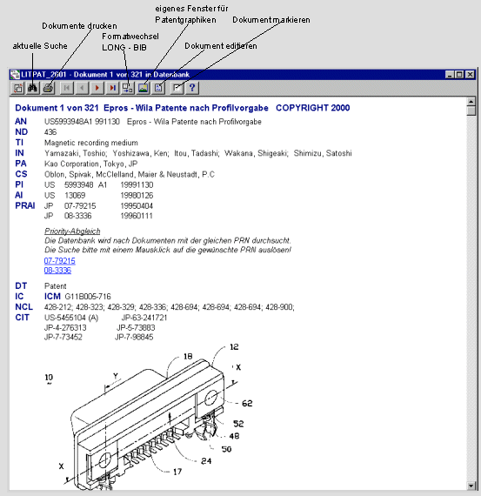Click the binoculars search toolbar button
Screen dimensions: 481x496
pyautogui.click(x=32, y=88)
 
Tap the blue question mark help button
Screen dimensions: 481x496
pyautogui.click(x=192, y=88)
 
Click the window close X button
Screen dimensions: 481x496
pyautogui.click(x=471, y=74)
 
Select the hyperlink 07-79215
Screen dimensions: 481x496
pyautogui.click(x=60, y=261)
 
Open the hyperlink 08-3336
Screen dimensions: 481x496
pyautogui.click(x=57, y=271)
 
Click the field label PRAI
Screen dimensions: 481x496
pyautogui.click(x=25, y=205)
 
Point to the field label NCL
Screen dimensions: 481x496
pyautogui.click(x=24, y=307)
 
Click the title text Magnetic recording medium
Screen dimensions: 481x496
pyautogui.click(x=91, y=143)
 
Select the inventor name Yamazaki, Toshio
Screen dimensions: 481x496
pyautogui.click(x=76, y=153)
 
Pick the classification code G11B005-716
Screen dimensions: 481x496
pyautogui.click(x=88, y=297)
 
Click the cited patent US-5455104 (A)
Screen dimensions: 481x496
pyautogui.click(x=71, y=318)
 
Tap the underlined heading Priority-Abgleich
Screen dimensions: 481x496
pyautogui.click(x=72, y=231)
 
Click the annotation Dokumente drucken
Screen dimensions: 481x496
pyautogui.click(x=79, y=26)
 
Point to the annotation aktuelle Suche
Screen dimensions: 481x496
pyautogui.click(x=40, y=46)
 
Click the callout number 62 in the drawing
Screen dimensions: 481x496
pyautogui.click(x=247, y=403)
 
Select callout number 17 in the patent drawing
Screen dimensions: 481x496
pyautogui.click(x=177, y=472)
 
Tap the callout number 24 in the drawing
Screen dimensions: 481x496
pyautogui.click(x=206, y=461)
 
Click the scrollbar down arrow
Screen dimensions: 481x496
pyautogui.click(x=471, y=486)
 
